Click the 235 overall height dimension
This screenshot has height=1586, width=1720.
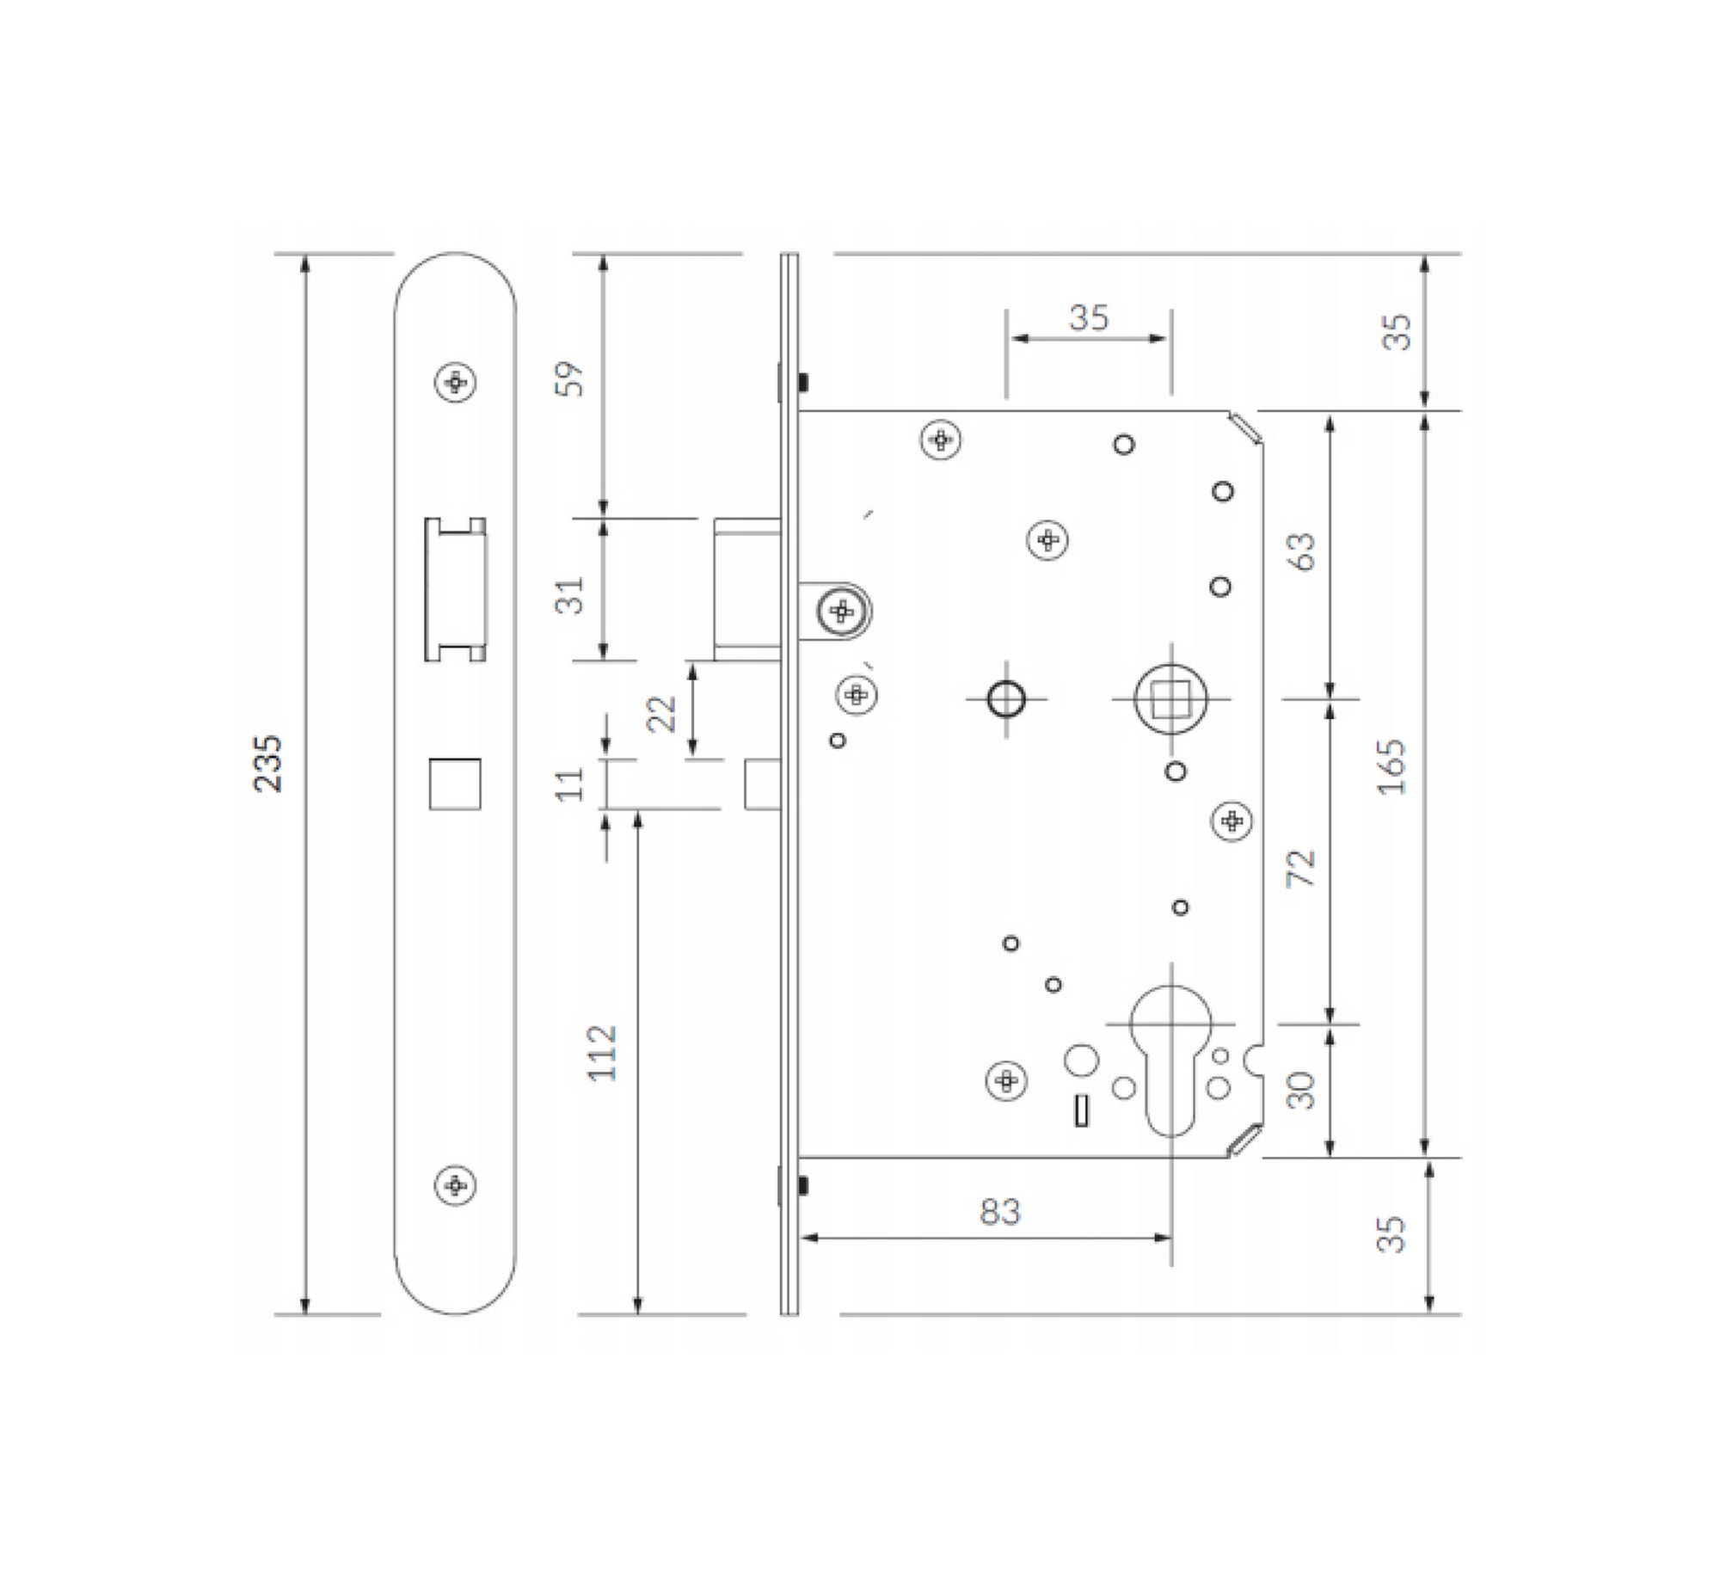(268, 763)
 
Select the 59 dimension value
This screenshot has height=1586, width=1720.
(569, 378)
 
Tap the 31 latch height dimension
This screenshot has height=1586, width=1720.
(569, 594)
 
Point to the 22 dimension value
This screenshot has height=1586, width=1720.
(661, 713)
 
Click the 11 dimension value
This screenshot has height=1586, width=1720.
(569, 784)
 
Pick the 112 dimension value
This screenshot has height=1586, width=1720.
(602, 1053)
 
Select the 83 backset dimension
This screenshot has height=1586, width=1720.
(999, 1212)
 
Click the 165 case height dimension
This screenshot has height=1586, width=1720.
(1391, 766)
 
